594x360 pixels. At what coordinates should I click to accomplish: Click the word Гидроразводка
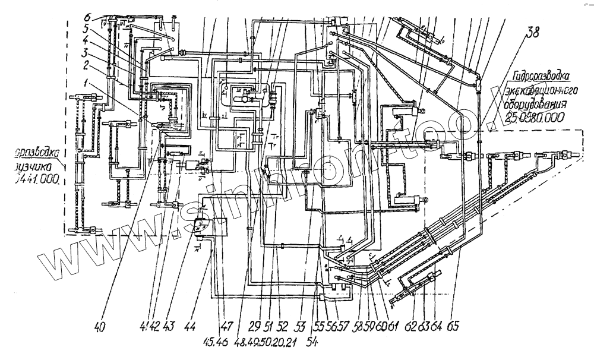point(541,77)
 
